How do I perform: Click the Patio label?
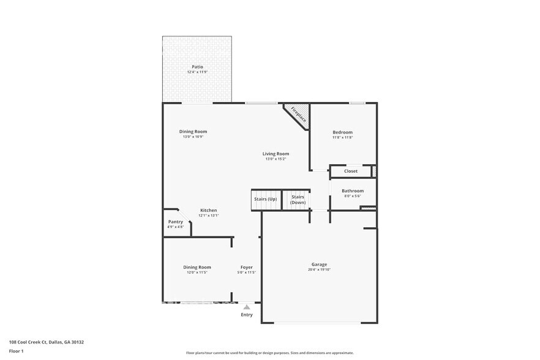click(197, 67)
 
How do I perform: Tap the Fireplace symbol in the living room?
click(298, 114)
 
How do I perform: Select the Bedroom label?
click(342, 132)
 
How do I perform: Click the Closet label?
click(351, 171)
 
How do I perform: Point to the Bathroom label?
click(353, 191)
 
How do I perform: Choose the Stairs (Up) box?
click(265, 199)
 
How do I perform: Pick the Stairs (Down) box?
click(298, 200)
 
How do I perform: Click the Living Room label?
click(276, 154)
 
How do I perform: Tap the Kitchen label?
click(208, 210)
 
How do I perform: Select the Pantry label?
click(175, 222)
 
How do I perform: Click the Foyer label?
click(246, 267)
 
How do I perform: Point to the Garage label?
click(319, 264)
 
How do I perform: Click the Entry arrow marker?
click(246, 307)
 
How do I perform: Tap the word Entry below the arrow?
click(246, 315)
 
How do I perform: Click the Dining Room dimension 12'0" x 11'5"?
click(197, 272)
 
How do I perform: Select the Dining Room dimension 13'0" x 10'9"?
click(193, 137)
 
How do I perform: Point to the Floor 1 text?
click(17, 351)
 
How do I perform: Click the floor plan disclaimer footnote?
click(269, 353)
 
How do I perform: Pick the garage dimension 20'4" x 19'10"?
click(319, 269)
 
